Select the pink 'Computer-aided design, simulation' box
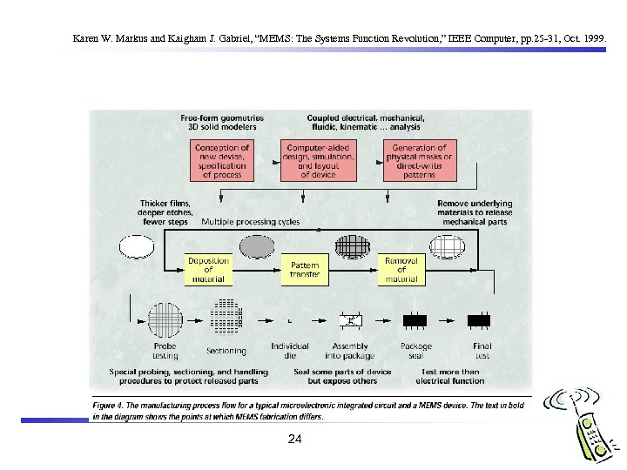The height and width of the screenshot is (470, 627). click(x=319, y=161)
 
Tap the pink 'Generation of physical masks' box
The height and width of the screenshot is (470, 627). click(x=420, y=161)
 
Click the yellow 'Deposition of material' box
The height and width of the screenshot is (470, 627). click(x=208, y=269)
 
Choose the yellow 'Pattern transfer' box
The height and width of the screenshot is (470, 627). click(x=305, y=269)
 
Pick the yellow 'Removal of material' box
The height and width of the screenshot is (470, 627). click(x=401, y=269)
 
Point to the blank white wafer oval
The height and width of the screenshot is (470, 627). click(x=137, y=247)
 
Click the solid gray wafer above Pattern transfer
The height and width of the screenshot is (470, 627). click(x=257, y=247)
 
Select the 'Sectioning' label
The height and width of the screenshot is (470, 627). click(x=226, y=351)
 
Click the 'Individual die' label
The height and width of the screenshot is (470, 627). click(x=289, y=350)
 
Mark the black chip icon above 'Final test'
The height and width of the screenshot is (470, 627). click(x=480, y=320)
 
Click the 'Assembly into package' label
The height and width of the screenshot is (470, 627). click(x=351, y=350)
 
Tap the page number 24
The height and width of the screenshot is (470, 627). click(x=294, y=440)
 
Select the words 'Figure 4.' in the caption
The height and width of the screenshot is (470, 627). click(x=116, y=406)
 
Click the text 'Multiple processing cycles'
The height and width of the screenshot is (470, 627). click(x=251, y=222)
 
